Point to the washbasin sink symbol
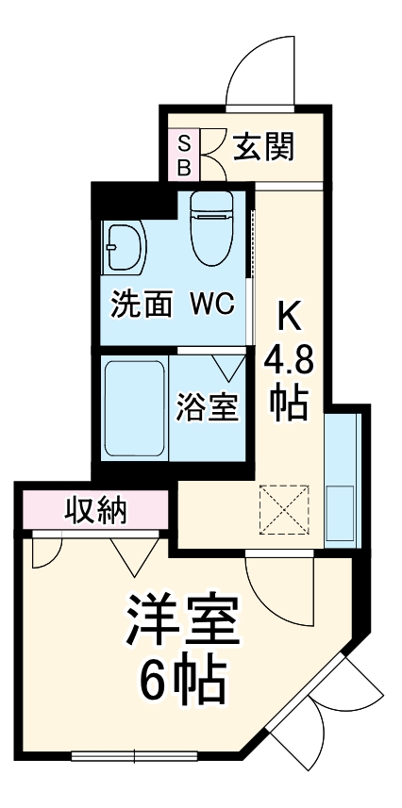point(124,248)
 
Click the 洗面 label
point(142,305)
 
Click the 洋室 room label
point(184,619)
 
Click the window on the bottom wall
point(134,754)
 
